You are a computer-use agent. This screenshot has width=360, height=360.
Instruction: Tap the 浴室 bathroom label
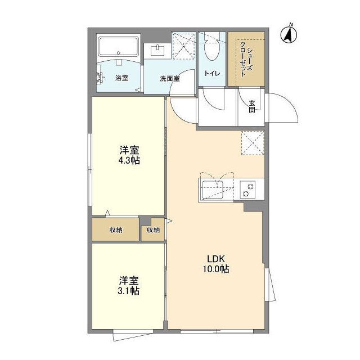pyautogui.click(x=121, y=78)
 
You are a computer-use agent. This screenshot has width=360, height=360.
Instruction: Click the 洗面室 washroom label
pyautogui.click(x=169, y=79)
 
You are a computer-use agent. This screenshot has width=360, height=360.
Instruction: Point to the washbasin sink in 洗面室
pyautogui.click(x=157, y=51)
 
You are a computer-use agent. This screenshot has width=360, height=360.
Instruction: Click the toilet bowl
pyautogui.click(x=211, y=49)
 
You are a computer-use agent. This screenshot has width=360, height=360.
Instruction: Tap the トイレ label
pyautogui.click(x=213, y=74)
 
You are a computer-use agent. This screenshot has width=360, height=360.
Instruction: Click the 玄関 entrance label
pyautogui.click(x=252, y=106)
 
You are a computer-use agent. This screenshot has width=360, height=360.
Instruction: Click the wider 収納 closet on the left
pyautogui.click(x=116, y=229)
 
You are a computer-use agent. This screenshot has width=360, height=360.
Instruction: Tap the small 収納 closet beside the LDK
pyautogui.click(x=153, y=229)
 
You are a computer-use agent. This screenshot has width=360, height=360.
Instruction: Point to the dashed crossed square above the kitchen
pyautogui.click(x=253, y=143)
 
